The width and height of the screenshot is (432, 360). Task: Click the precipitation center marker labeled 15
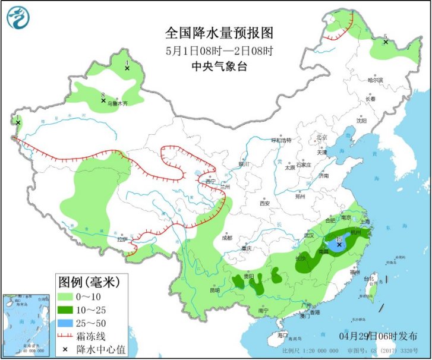pyautogui.click(x=339, y=244)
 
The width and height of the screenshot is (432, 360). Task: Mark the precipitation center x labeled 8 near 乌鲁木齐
pyautogui.click(x=103, y=100)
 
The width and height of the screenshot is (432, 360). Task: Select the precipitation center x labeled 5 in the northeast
pyautogui.click(x=385, y=42)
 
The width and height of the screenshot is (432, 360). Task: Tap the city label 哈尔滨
pyautogui.click(x=376, y=80)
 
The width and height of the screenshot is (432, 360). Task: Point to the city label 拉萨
pyautogui.click(x=122, y=239)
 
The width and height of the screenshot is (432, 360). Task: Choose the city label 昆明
pyautogui.click(x=215, y=290)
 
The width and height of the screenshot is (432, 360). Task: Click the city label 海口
pyautogui.click(x=282, y=336)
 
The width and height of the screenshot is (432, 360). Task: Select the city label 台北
pyautogui.click(x=369, y=277)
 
